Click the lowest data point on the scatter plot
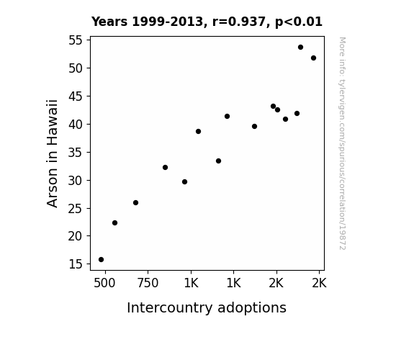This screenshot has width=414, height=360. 101,260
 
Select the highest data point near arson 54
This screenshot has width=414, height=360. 300,48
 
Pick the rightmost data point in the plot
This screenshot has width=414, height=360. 313,58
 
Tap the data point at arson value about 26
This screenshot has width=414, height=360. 135,203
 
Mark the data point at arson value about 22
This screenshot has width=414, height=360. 115,223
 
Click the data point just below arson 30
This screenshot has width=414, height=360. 185,182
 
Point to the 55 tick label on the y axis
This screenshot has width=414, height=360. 76,40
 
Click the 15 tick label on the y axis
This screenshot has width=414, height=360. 76,264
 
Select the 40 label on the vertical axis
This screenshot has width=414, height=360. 76,125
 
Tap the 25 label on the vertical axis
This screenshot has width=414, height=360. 76,209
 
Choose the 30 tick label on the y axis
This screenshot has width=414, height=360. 76,181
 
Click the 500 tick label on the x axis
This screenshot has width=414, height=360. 104,283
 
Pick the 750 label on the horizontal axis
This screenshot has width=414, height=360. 148,283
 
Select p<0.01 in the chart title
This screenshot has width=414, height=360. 299,22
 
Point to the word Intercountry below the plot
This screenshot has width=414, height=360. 169,308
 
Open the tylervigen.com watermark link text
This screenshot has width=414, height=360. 342,143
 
